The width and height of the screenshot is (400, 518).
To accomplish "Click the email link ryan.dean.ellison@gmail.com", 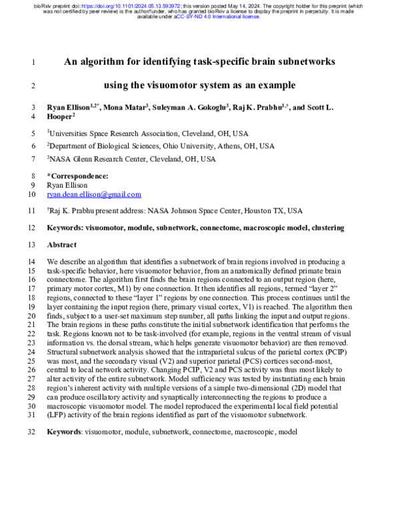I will (x=94, y=195).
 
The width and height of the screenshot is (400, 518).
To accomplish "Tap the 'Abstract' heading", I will (x=61, y=245).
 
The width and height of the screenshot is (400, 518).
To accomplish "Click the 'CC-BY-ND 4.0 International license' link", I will (x=217, y=17).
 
